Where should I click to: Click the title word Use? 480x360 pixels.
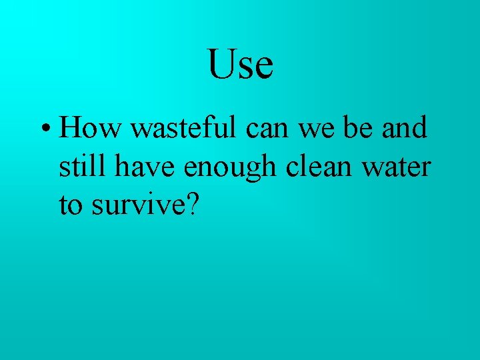[x=240, y=64]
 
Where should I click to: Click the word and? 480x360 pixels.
[x=405, y=127]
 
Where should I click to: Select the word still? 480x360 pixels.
[x=83, y=166]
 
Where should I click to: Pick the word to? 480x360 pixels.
[x=71, y=206]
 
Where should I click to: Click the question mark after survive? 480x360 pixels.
[x=191, y=205]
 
